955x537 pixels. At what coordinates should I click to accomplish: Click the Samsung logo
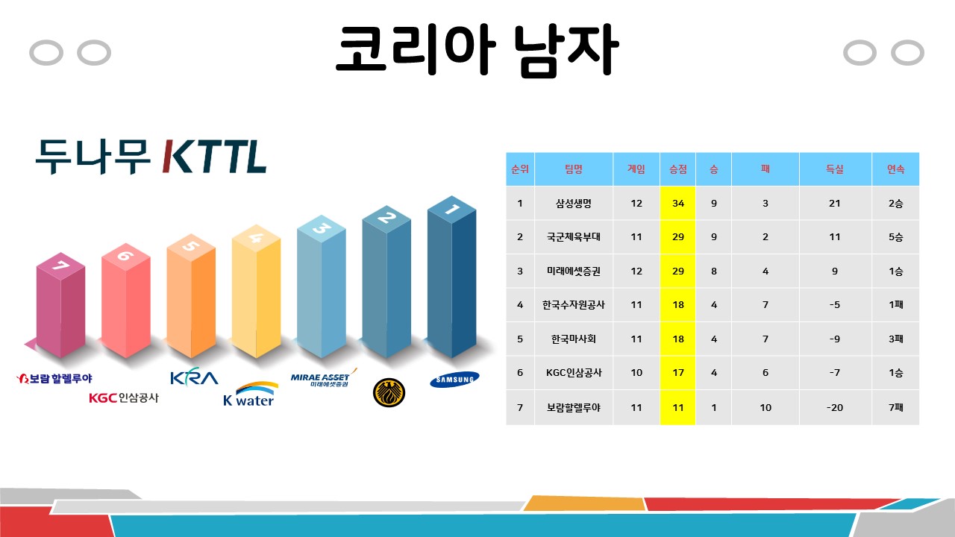(454, 380)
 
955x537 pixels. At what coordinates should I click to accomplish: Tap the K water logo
(250, 394)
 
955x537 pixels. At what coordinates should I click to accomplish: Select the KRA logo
(195, 377)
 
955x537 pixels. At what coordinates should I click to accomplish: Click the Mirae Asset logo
(324, 377)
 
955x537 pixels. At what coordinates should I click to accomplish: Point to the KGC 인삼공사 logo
(124, 398)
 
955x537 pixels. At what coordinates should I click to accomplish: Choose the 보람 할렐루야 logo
(54, 378)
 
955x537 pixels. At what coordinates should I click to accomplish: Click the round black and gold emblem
(389, 392)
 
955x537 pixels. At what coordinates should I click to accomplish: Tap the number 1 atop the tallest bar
(452, 210)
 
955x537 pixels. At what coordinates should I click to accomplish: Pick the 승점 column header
(678, 169)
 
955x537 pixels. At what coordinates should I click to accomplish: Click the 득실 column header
(835, 169)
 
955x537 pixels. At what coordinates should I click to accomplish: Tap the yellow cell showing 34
(678, 204)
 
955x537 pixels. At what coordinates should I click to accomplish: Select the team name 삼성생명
(574, 204)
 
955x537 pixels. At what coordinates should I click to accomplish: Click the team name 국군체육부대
(574, 237)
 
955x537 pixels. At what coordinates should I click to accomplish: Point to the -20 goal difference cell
(835, 407)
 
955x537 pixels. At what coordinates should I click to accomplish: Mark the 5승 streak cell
(896, 237)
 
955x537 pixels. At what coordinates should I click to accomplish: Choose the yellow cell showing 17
(678, 373)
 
